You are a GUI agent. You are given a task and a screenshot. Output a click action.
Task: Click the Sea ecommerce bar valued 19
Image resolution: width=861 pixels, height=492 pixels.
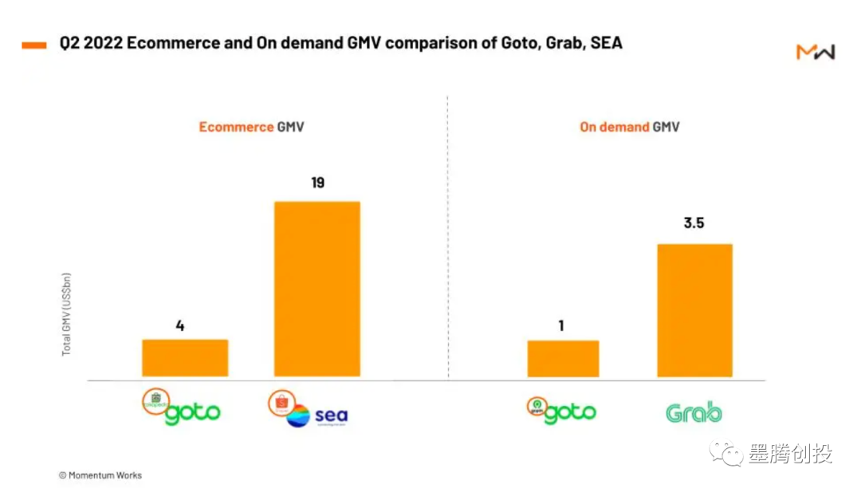coord(317,289)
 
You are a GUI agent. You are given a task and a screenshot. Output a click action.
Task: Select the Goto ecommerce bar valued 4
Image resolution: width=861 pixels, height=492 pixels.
coord(185,358)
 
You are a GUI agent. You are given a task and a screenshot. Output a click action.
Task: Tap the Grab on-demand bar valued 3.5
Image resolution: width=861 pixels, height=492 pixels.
coord(694,310)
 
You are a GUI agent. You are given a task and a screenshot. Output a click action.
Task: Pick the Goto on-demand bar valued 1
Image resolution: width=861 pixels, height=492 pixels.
coord(563,359)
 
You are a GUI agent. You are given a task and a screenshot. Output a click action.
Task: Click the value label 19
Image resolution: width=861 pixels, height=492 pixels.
coord(317,183)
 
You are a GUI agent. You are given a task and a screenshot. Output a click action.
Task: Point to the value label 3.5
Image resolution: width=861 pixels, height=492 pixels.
coord(694,223)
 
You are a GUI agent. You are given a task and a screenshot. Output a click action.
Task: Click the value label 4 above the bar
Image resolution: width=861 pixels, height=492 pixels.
coord(180,325)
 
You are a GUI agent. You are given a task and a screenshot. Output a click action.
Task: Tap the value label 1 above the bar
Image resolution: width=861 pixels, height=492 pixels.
coord(561,325)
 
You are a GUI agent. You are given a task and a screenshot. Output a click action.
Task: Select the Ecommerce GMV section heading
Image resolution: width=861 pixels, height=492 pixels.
coord(251,127)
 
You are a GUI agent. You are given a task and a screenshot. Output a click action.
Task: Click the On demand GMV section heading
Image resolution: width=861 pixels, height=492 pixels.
coord(629,127)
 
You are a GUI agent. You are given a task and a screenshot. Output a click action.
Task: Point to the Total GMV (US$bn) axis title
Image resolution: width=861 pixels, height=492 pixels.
coord(67,314)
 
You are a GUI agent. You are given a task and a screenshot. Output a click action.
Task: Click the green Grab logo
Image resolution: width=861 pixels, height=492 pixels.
coord(694,413)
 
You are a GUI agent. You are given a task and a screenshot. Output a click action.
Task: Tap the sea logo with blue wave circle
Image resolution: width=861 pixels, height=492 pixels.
coord(317,416)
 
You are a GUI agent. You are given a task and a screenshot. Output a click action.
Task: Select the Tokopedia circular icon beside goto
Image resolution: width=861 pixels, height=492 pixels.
coord(155,400)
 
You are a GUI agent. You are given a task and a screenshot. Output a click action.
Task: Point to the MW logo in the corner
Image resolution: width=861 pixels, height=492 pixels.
coord(815,53)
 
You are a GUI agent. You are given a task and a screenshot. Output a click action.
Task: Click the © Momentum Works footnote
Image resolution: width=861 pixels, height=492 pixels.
coord(100,475)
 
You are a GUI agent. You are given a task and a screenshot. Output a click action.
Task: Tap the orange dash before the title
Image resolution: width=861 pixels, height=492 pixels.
coord(34,45)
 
